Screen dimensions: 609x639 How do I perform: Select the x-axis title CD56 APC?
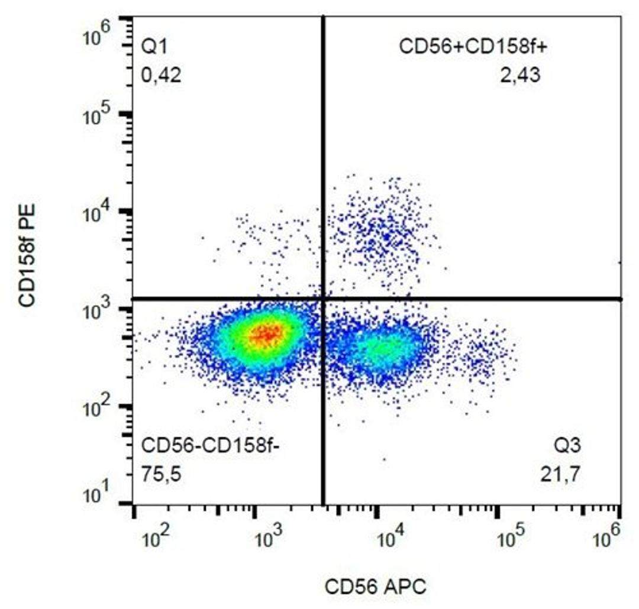point(375,587)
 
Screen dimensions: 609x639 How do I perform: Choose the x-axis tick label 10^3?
point(267,538)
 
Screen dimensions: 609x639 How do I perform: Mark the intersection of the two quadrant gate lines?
point(323,299)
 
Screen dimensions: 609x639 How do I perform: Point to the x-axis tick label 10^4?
point(389,538)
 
